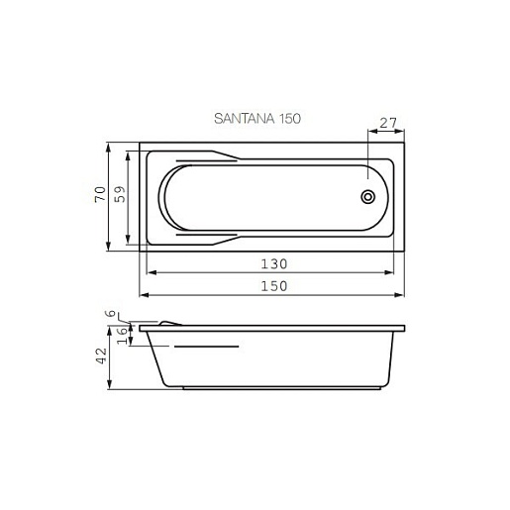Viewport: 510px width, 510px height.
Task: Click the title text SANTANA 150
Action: [257, 119]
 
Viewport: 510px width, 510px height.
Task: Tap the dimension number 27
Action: [388, 123]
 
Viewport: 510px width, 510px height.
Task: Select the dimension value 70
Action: [100, 194]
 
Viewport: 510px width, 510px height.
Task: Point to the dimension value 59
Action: [120, 194]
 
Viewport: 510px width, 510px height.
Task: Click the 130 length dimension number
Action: [274, 264]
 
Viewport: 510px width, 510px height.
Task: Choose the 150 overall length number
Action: [274, 286]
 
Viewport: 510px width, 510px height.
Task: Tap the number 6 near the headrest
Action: [113, 313]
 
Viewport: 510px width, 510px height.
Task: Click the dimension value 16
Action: [122, 336]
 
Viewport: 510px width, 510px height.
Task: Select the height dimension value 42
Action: [102, 356]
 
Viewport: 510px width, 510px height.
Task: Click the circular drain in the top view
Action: [367, 197]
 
